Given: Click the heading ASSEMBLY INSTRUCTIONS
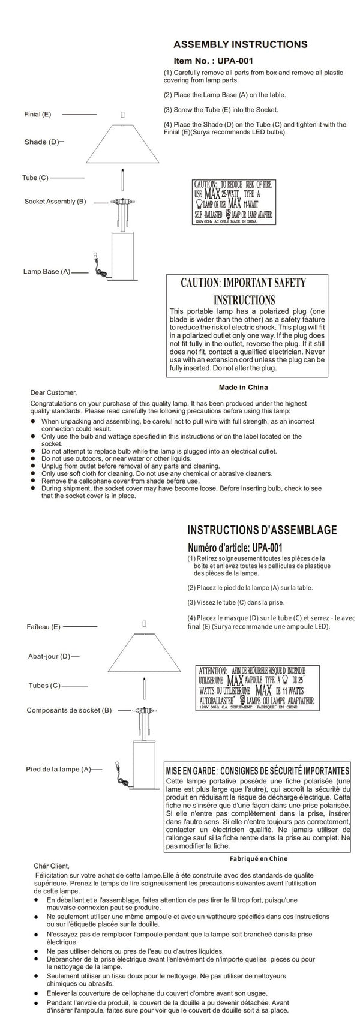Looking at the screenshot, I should coord(240,44).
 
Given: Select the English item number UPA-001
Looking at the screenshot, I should coord(213,61).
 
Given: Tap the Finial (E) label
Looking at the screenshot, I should coord(38,114).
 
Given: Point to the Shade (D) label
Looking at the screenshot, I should coord(42,142).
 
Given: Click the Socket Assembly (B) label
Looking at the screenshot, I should coord(55,202).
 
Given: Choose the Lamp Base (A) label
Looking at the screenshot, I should coord(47,272).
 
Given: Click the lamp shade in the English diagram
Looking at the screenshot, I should coord(123,144).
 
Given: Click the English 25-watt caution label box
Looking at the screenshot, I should coord(234,202).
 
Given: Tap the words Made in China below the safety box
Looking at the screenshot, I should coord(243,387).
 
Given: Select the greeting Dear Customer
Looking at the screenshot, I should coord(53,393).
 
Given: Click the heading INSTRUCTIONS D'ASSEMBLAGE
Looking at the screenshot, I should coord(262,530).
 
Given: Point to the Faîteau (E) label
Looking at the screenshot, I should coord(44,627).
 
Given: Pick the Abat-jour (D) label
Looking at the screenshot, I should coord(49,656).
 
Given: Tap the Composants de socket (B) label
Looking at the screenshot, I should coord(69,710).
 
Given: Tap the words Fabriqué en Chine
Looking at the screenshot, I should coord(259,858).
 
